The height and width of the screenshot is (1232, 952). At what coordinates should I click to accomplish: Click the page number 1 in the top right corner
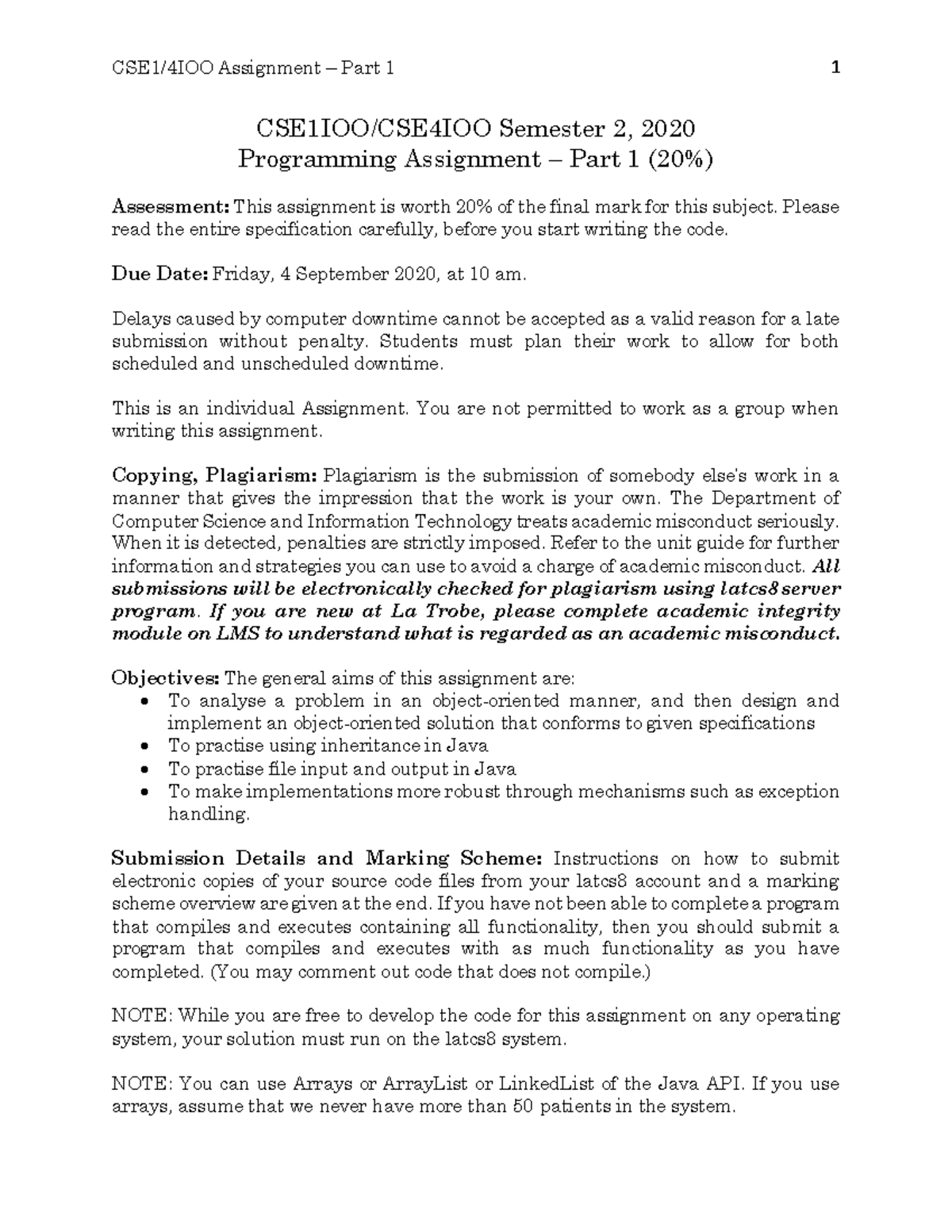pyautogui.click(x=835, y=68)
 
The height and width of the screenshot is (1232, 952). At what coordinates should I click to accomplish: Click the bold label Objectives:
pyautogui.click(x=165, y=678)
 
